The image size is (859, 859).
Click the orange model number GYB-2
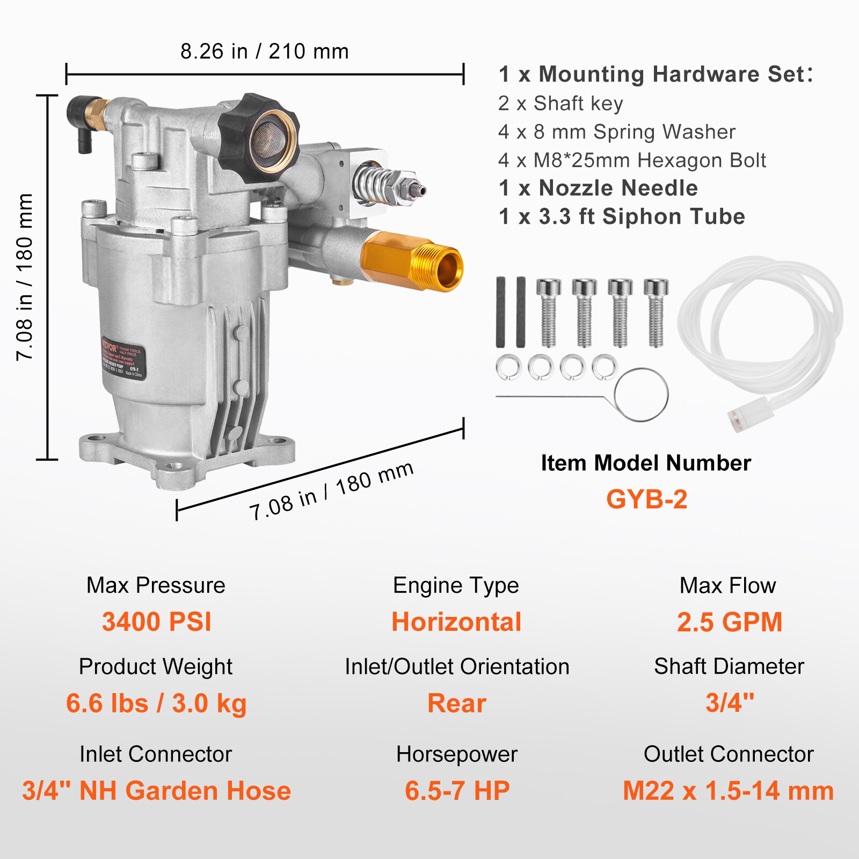coord(646,499)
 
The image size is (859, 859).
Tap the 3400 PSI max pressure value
coord(156,622)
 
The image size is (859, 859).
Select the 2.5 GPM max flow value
coord(729,622)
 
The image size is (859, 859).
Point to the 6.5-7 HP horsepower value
coord(457,791)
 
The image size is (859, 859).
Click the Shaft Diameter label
coord(729,666)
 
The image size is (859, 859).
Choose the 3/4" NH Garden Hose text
coord(156,791)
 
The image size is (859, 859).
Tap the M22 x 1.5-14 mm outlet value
coord(728,791)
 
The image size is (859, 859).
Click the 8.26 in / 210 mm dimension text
coord(265,52)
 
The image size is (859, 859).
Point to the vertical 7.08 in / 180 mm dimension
coord(25,277)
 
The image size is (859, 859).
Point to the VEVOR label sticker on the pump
coord(123,358)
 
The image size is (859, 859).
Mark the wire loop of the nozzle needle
coord(641,395)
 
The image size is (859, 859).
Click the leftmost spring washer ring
coord(508,368)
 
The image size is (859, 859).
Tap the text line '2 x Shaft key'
coord(560,103)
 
